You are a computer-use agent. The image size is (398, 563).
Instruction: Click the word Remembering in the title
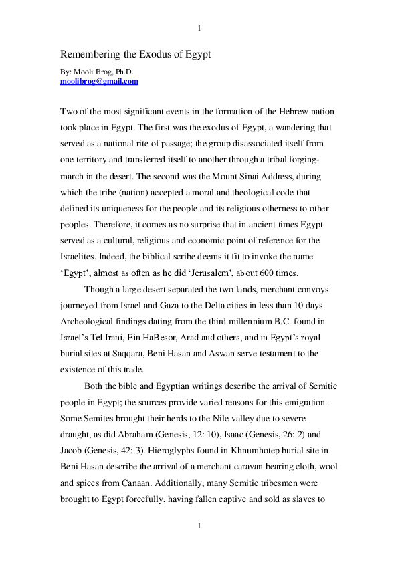88,53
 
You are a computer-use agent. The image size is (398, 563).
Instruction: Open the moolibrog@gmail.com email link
99,82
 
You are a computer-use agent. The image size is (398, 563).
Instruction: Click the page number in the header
199,28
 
